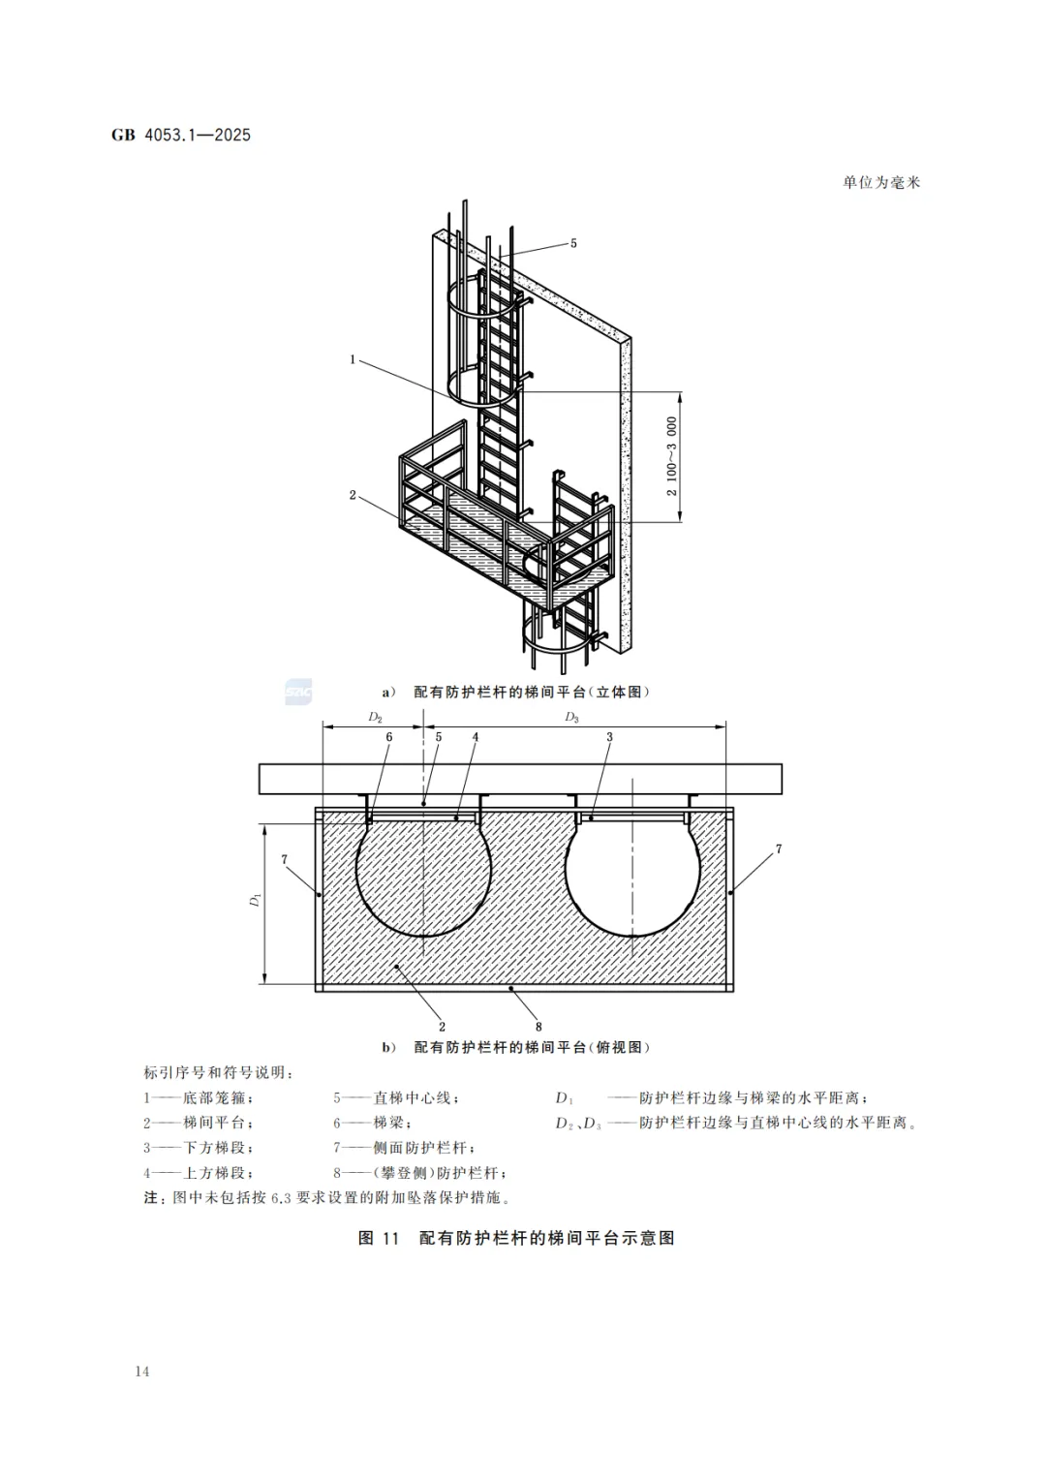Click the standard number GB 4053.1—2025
coord(181,135)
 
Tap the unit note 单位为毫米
coord(880,182)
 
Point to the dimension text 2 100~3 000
coord(672,456)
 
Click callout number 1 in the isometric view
coord(353,359)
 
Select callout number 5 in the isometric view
coord(573,243)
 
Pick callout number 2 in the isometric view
coord(353,495)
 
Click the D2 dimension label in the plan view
coord(376,718)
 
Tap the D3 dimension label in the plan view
coord(572,718)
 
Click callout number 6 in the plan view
coord(389,737)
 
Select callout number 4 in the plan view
coord(476,737)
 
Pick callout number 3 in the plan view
coord(610,737)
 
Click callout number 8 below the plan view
coord(538,1027)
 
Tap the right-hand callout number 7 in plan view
coord(779,849)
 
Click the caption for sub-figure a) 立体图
coord(516,692)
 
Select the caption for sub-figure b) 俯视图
coord(516,1047)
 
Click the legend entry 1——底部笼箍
coord(199,1098)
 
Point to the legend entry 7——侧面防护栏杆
coord(405,1148)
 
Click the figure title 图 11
coord(379,1238)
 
